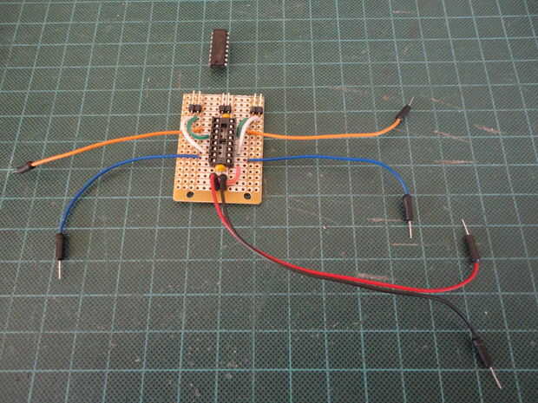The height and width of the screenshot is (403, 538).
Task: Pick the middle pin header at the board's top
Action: pyautogui.click(x=226, y=108)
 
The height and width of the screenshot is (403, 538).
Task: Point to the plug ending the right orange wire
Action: pyautogui.click(x=405, y=114)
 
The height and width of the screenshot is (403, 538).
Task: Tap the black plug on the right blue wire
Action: pyautogui.click(x=406, y=209)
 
